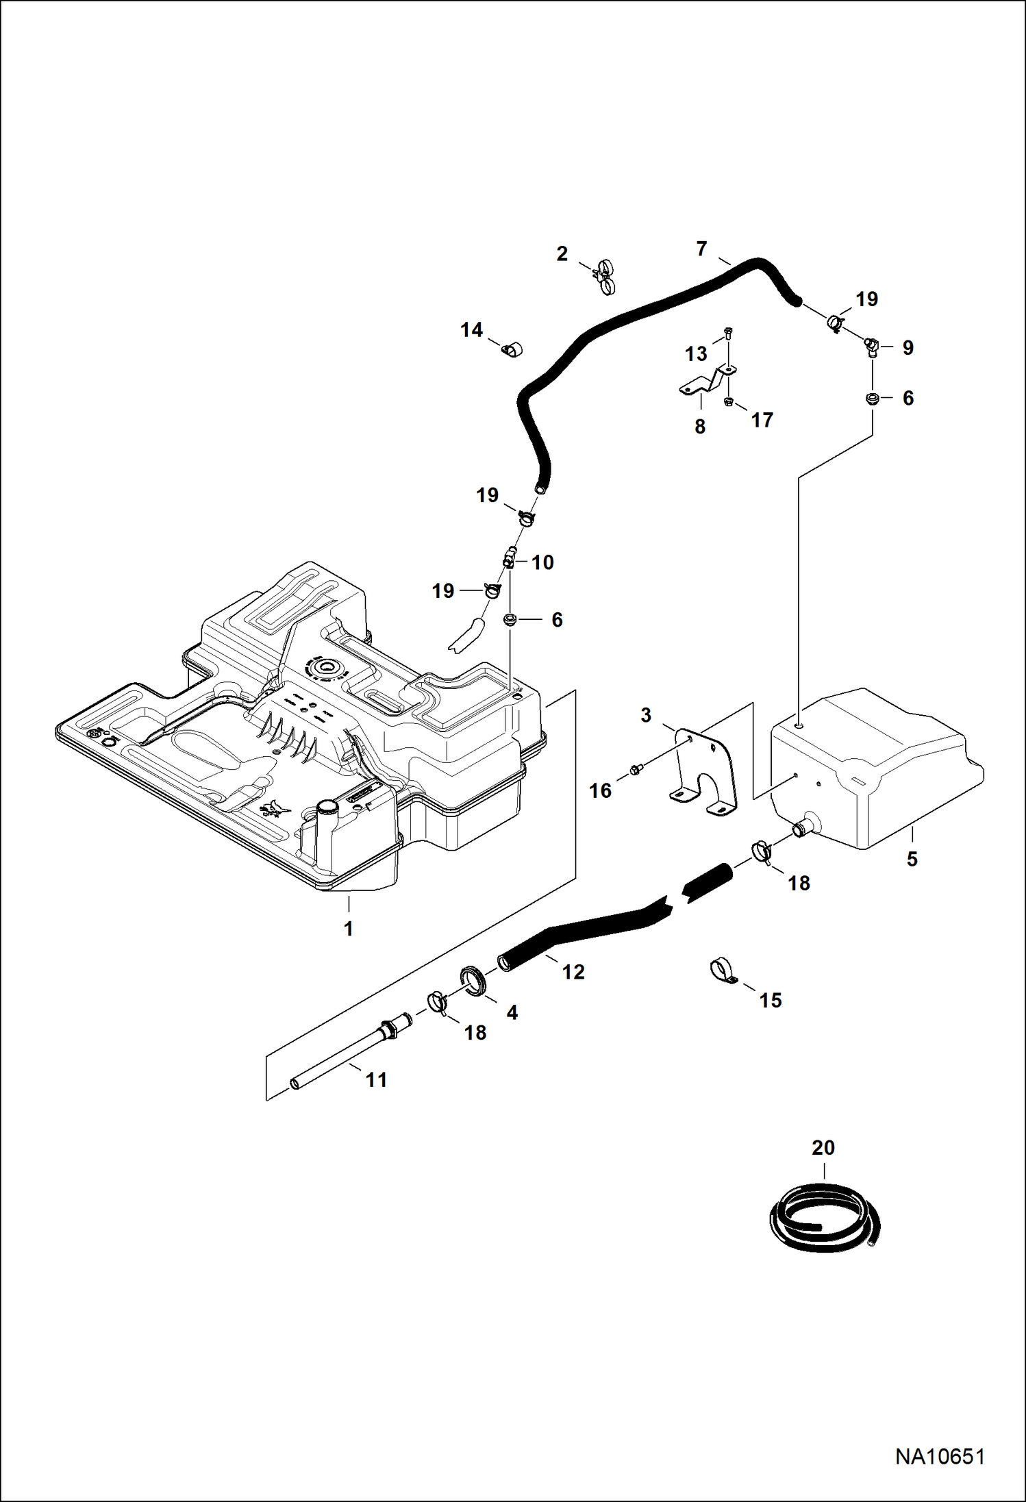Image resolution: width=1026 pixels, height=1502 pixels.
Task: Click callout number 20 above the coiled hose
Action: pos(823,1147)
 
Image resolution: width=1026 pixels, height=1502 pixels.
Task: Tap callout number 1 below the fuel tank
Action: pos(349,929)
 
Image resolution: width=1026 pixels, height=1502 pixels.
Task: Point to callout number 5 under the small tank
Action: pos(912,859)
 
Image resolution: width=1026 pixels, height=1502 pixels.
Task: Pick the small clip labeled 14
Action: pos(511,349)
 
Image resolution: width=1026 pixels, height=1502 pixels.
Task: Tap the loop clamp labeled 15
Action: pos(721,971)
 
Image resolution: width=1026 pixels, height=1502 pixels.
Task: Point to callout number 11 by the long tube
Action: pos(376,1080)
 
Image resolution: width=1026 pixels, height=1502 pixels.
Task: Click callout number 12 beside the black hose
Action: pos(573,971)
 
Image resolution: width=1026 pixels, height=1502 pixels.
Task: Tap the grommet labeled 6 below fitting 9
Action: pos(873,399)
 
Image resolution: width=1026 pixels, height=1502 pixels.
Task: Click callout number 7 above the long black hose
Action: pos(701,249)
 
